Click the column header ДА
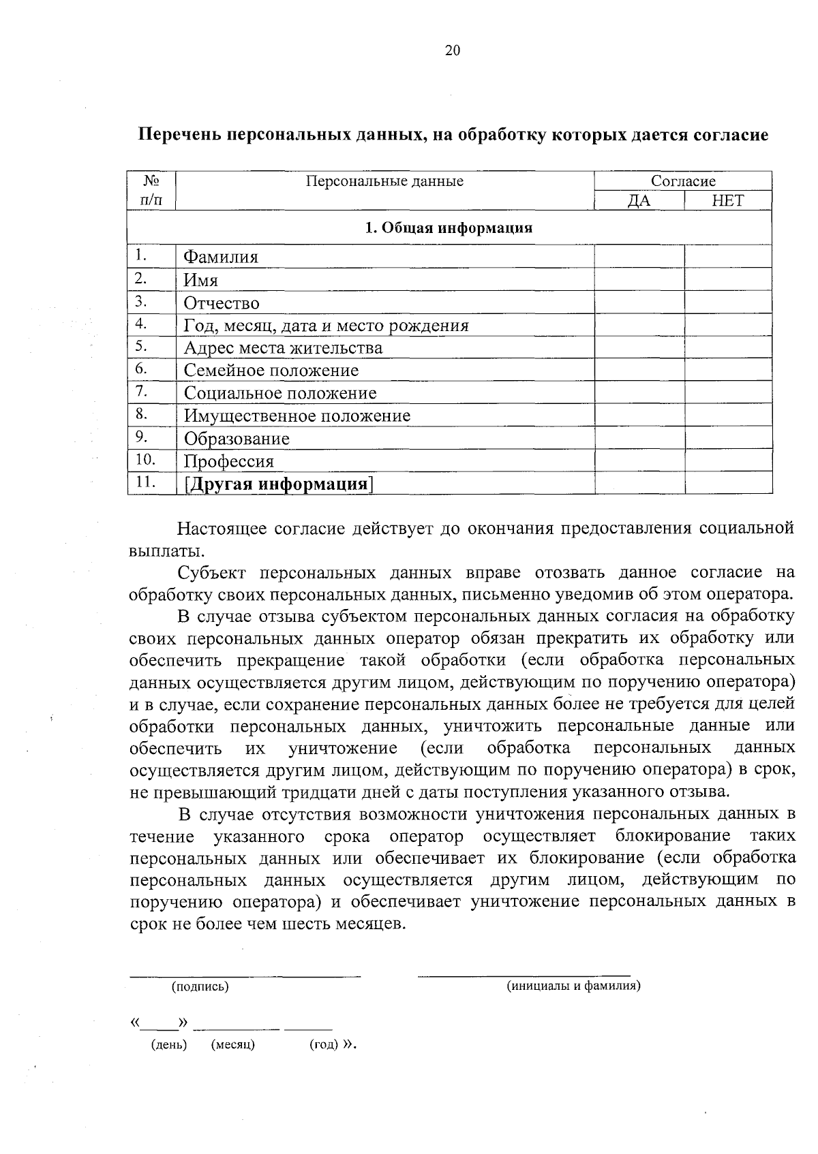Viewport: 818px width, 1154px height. pos(639,201)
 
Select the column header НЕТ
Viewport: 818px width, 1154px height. pos(727,201)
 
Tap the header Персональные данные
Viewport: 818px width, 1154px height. pos(384,181)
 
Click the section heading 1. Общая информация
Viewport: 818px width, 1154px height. pos(449,228)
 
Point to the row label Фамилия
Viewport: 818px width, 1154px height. pos(221,258)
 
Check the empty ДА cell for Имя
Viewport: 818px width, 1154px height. pos(639,280)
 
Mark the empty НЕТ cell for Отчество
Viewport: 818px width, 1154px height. pos(727,302)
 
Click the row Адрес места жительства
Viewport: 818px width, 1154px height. pos(283,348)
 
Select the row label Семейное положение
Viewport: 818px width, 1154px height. pos(271,371)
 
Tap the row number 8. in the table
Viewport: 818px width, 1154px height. pos(142,414)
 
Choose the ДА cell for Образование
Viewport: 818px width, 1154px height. pos(639,438)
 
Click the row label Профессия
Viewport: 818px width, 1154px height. pos(229,461)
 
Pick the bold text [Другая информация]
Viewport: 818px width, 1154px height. pos(279,484)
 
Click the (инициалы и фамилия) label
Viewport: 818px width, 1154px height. pos(573,986)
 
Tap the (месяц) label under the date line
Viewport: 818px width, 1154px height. pos(233,1044)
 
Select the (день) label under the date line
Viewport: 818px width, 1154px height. pos(168,1044)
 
